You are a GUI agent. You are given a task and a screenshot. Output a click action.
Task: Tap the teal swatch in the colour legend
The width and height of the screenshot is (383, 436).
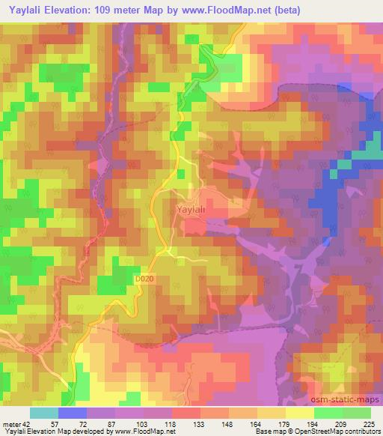[45, 413]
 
